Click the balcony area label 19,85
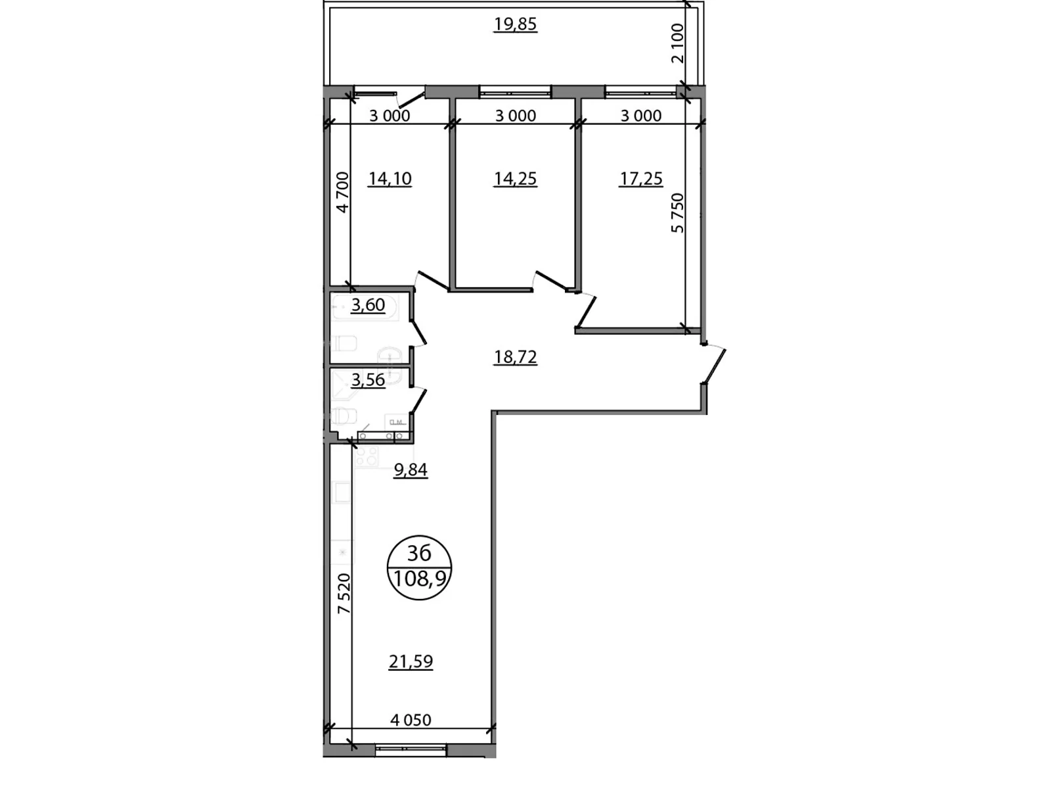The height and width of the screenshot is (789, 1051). click(515, 24)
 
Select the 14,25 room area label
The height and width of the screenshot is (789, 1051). click(515, 179)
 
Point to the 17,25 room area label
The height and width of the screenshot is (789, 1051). click(640, 179)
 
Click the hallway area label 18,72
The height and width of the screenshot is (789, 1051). click(515, 357)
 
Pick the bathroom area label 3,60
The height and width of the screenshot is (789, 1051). click(368, 305)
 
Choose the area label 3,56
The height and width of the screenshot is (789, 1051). click(368, 380)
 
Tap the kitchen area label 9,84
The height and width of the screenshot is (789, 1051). click(410, 470)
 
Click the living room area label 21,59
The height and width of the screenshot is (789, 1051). click(411, 661)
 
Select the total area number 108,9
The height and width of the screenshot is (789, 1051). click(420, 579)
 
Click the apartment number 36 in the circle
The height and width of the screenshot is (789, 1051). click(419, 553)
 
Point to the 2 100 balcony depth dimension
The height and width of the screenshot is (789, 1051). click(677, 43)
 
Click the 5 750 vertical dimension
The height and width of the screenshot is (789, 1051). click(677, 212)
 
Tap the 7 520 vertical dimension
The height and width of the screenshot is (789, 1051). click(344, 594)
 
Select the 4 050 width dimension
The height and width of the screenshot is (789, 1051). click(411, 720)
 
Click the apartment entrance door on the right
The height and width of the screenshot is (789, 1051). click(714, 366)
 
